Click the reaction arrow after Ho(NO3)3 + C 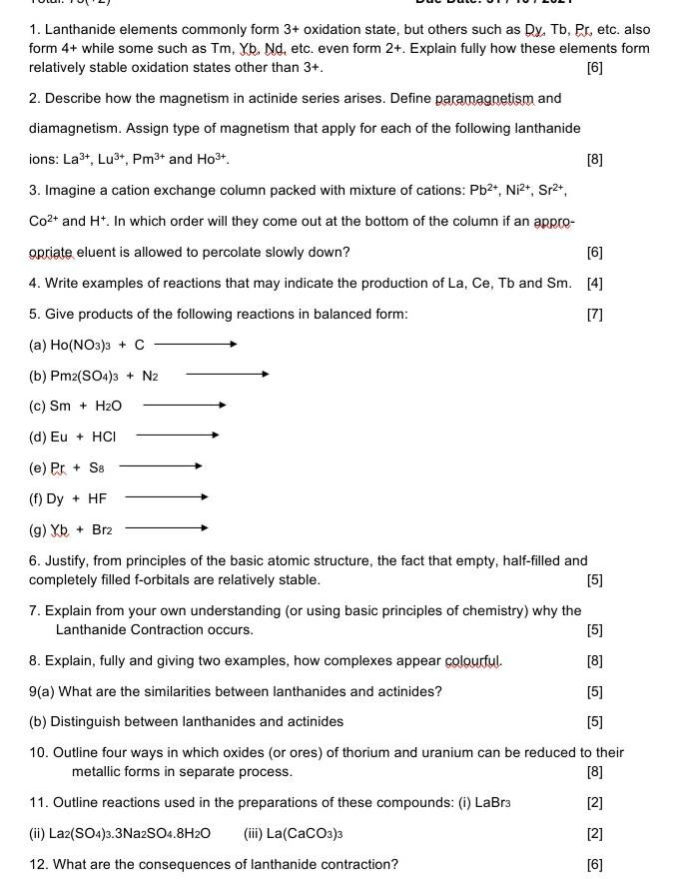(x=195, y=345)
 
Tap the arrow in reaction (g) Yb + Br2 (x=166, y=527)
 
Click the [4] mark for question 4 (x=595, y=283)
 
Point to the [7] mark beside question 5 (x=595, y=314)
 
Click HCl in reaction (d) (x=104, y=436)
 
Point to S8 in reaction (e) (x=96, y=466)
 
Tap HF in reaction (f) (x=98, y=496)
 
